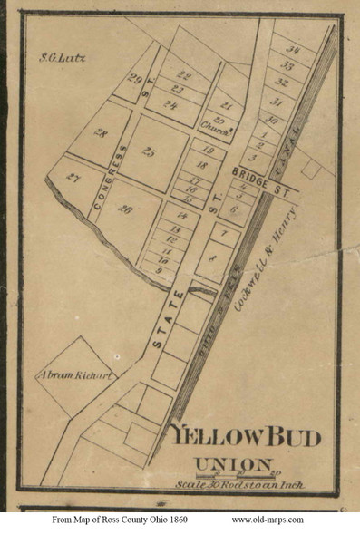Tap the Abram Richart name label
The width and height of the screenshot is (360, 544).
click(x=74, y=375)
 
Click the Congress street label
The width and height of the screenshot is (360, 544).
click(x=108, y=177)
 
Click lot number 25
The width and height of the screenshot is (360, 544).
click(x=149, y=151)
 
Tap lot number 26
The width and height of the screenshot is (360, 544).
click(x=125, y=210)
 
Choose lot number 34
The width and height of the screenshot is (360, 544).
click(x=293, y=50)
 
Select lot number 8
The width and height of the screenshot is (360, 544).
click(x=211, y=258)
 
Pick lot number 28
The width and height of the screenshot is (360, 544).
click(x=100, y=133)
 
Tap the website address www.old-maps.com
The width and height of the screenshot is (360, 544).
click(x=268, y=520)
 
